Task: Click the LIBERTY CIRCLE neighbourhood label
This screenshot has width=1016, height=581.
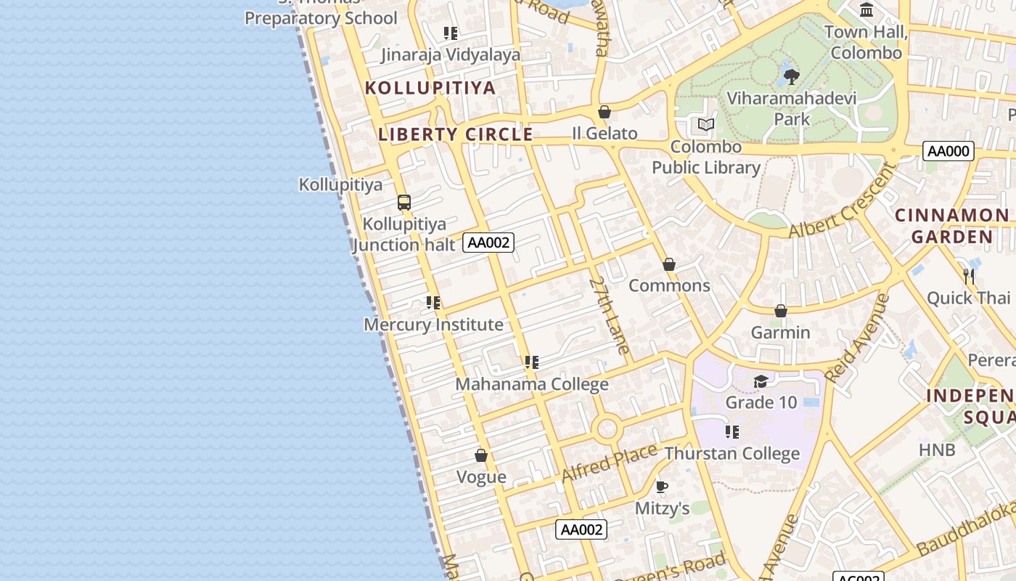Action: click(456, 134)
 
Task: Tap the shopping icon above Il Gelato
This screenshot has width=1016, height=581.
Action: click(605, 112)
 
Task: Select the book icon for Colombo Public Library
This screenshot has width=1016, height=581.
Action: click(706, 124)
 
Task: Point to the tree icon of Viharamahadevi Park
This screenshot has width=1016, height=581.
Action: click(792, 76)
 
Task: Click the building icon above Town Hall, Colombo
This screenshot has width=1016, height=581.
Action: click(867, 10)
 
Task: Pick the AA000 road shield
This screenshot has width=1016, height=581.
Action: click(949, 151)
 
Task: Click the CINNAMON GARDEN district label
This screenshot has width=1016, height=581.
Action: click(952, 226)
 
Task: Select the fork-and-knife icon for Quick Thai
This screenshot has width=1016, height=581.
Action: click(969, 276)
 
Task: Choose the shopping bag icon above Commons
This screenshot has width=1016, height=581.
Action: click(669, 264)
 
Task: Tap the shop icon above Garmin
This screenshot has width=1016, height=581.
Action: click(781, 311)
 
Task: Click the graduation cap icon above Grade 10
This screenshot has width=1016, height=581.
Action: click(761, 381)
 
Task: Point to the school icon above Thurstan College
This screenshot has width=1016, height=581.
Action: click(732, 432)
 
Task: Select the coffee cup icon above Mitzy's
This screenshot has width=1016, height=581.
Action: click(661, 487)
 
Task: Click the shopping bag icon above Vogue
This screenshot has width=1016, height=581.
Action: click(481, 455)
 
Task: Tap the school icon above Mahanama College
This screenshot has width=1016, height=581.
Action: click(532, 362)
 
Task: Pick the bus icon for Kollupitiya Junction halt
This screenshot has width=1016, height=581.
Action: click(404, 203)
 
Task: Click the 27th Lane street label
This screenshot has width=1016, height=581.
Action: click(609, 315)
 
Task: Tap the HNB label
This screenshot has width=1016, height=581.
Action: click(937, 450)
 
